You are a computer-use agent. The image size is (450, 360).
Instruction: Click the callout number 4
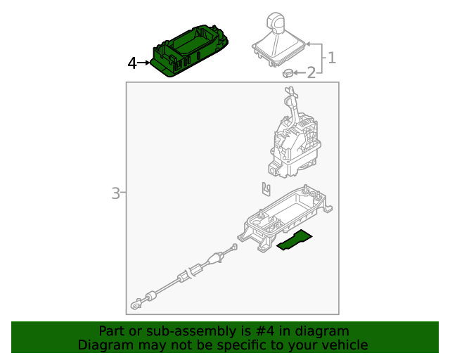[132, 63]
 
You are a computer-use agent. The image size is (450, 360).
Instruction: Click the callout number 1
[332, 58]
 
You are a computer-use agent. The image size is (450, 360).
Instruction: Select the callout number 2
[311, 72]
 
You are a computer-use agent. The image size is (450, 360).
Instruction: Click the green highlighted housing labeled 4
[189, 51]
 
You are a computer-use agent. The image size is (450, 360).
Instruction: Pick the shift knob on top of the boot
[276, 22]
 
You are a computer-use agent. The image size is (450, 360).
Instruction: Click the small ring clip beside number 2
[288, 73]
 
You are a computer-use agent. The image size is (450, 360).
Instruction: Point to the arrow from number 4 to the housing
[143, 63]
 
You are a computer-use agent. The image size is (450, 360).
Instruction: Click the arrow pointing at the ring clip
[300, 73]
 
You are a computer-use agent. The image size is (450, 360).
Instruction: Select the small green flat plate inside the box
[295, 240]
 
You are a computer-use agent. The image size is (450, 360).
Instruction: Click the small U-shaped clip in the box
[266, 189]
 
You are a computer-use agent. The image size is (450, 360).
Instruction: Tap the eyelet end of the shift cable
[136, 304]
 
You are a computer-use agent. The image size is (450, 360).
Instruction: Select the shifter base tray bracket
[285, 218]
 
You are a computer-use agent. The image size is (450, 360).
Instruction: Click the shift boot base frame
[279, 53]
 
